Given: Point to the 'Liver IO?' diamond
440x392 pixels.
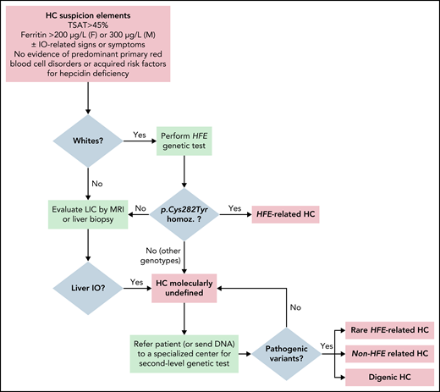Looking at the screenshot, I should (x=88, y=285).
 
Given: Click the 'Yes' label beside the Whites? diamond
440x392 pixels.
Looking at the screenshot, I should (x=141, y=134).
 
